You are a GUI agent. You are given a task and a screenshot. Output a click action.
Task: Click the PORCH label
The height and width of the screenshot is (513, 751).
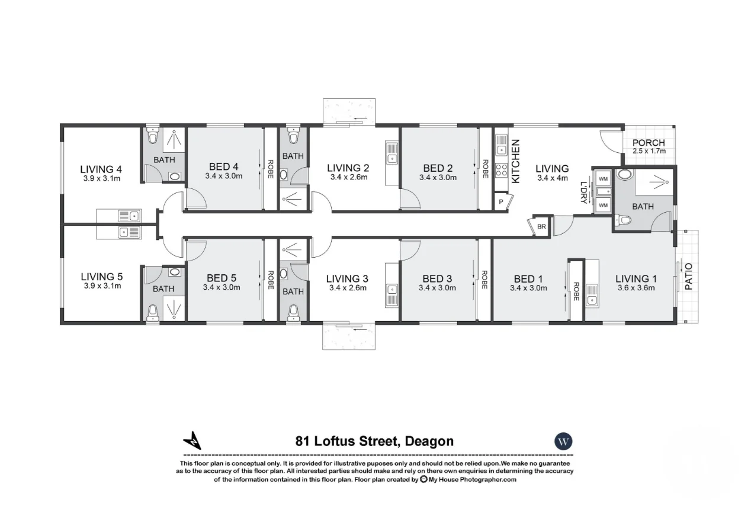(649, 143)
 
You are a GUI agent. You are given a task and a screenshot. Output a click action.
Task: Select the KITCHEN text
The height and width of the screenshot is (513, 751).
(515, 161)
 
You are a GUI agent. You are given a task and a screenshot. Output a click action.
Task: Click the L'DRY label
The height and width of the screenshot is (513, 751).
(583, 192)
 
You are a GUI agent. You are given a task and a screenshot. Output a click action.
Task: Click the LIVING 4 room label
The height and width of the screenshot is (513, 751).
(101, 168)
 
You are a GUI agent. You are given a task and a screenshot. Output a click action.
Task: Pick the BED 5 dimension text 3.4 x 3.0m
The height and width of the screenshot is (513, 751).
(222, 288)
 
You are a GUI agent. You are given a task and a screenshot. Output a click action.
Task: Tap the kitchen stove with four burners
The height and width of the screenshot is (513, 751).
(501, 170)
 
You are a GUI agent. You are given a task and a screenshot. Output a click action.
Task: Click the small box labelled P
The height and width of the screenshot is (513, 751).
(501, 201)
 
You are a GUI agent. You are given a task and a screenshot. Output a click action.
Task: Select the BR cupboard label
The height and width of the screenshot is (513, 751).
(541, 227)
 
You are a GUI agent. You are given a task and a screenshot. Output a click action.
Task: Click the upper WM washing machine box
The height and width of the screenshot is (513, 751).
(603, 178)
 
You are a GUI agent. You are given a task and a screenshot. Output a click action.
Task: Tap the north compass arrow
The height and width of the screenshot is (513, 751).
(192, 441)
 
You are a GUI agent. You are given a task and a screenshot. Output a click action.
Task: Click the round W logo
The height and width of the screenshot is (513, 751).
(563, 441)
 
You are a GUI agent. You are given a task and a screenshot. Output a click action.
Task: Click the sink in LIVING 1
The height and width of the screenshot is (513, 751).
(591, 294)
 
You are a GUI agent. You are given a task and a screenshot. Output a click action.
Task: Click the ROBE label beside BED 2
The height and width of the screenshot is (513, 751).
(485, 168)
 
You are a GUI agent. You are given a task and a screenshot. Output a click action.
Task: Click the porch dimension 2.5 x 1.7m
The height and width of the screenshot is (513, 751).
(649, 151)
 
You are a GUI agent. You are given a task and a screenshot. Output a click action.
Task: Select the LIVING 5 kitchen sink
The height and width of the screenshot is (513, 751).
(129, 232)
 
